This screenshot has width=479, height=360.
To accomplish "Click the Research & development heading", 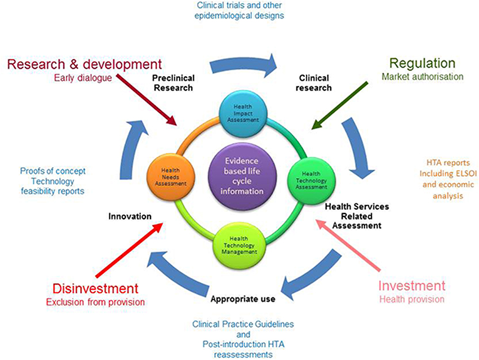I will (x=85, y=64).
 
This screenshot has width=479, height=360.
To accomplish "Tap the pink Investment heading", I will (x=411, y=285).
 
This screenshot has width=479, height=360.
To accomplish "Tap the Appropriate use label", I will (x=243, y=299).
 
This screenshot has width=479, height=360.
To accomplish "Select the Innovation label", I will (x=130, y=216).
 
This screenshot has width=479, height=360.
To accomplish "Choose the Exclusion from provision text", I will (x=95, y=302).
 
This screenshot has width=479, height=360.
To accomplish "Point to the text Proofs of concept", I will (x=52, y=171).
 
